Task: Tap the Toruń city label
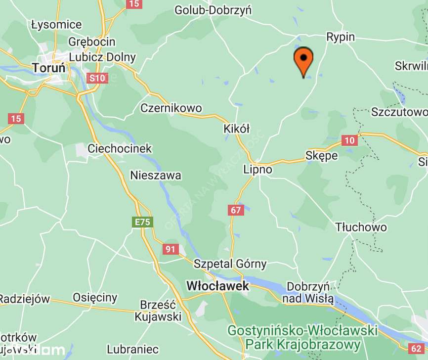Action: pos(48,67)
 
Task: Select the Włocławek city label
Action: pos(217,286)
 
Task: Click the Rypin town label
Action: pos(341,37)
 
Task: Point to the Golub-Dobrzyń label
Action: pos(213,10)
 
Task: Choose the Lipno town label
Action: pos(257,169)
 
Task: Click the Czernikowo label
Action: pos(171,108)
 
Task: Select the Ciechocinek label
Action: pos(120,148)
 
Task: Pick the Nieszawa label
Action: pos(156,175)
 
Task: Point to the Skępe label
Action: pos(322,155)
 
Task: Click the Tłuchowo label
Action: pos(361,227)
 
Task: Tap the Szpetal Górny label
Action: pos(230,264)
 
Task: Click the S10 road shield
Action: pos(96,78)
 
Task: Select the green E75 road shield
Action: pos(142,223)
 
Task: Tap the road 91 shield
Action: pos(171,249)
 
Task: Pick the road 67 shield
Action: pos(236,210)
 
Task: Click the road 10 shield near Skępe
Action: pos(349,140)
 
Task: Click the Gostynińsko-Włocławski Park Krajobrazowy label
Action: pos(302,337)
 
